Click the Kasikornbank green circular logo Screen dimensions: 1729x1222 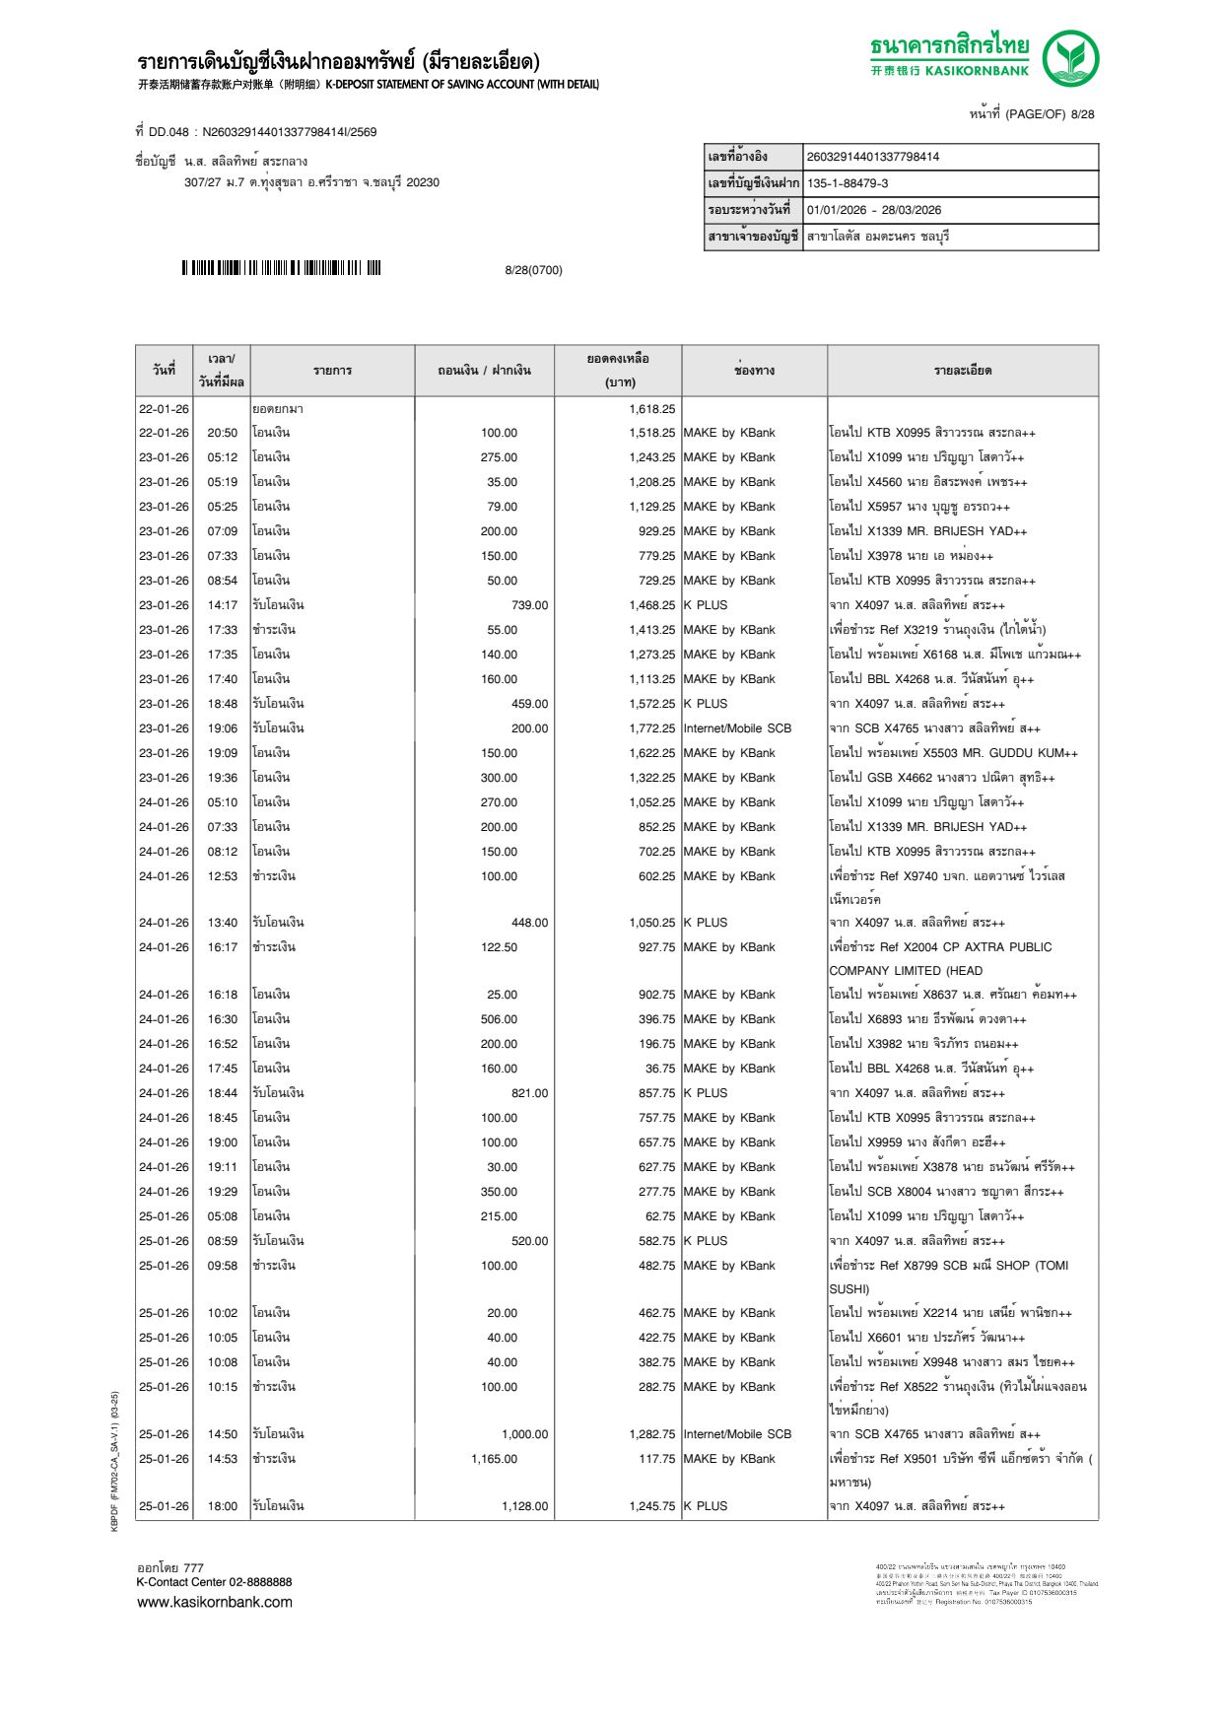click(1070, 58)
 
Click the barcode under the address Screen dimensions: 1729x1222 click(281, 268)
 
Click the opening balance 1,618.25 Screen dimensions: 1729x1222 click(651, 409)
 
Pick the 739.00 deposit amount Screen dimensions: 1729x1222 click(529, 605)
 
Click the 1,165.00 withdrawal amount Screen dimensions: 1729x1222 click(494, 1459)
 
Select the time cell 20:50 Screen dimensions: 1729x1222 click(222, 433)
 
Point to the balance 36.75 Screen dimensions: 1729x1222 click(659, 1069)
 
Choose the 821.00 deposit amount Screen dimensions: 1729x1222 click(529, 1093)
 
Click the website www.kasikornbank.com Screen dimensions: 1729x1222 click(215, 1602)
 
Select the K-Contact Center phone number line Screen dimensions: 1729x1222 click(214, 1582)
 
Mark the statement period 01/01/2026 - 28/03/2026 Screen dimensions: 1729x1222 click(873, 210)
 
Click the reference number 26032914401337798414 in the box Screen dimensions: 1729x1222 click(872, 157)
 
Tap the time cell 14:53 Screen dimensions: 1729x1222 click(222, 1459)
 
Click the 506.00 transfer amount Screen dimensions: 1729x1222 click(499, 1019)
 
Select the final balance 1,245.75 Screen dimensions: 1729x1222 click(651, 1506)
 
